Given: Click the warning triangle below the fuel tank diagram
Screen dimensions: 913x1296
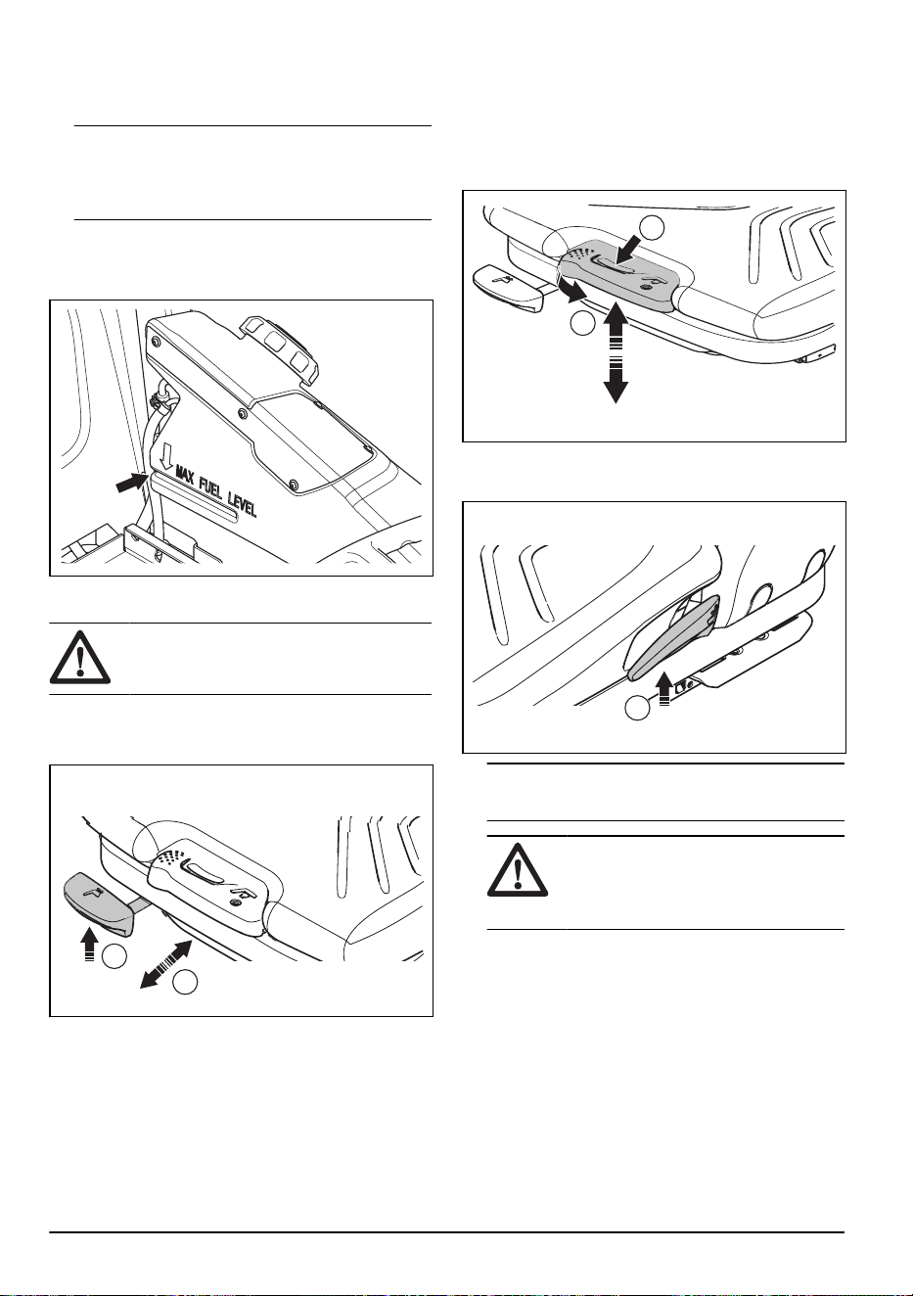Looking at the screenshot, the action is pos(80,659).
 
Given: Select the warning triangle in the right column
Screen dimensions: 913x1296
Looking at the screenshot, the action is pos(518,871).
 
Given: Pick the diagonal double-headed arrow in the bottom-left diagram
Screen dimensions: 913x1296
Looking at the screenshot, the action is pos(166,964).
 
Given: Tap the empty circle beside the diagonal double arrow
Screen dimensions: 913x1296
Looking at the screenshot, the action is pos(186,983).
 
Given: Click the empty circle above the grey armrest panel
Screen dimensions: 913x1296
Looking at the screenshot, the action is pos(653,227).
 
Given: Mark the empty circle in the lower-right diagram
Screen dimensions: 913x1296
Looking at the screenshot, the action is pos(638,709).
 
